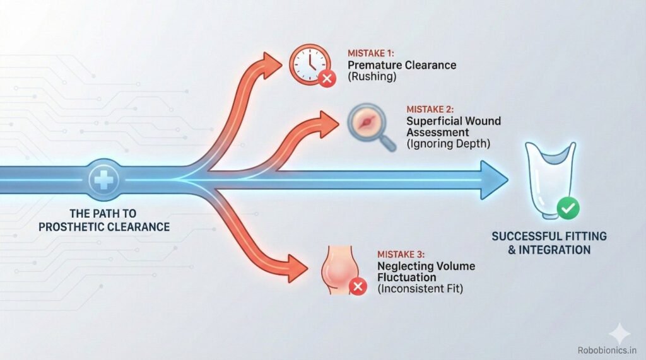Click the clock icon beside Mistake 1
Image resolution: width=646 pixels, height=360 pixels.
pyautogui.click(x=308, y=64)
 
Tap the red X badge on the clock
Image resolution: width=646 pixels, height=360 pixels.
pyautogui.click(x=326, y=79)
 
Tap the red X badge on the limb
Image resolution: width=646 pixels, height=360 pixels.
pyautogui.click(x=358, y=287)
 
